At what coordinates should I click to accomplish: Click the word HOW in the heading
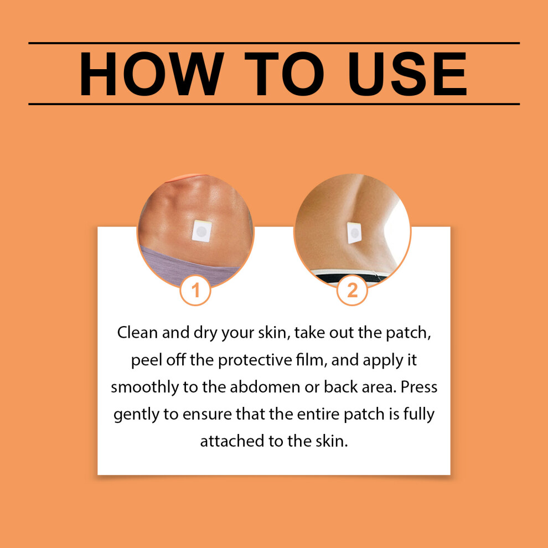pos(151,74)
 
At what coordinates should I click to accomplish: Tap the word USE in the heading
pos(407,74)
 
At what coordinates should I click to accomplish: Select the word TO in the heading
pos(284,74)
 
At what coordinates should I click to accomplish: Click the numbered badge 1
pos(195,290)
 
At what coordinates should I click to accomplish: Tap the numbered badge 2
pos(352,290)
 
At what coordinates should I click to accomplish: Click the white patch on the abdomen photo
pos(201,231)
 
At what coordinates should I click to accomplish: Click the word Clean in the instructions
pos(137,332)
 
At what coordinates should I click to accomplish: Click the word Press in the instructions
pos(418,387)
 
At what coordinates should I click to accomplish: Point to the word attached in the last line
pos(232,441)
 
